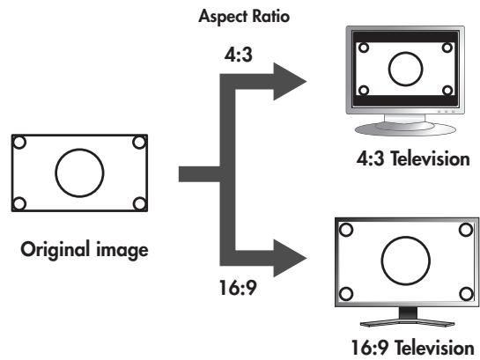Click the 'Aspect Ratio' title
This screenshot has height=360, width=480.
tap(244, 16)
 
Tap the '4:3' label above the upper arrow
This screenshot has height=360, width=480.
tap(239, 55)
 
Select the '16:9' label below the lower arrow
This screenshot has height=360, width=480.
tap(238, 288)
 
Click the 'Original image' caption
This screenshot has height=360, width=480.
tap(85, 250)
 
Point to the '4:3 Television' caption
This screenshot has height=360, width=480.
tap(413, 159)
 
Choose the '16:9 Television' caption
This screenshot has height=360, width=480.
tap(413, 348)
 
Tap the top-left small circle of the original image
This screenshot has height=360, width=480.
tap(19, 143)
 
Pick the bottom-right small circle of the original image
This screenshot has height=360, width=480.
tap(139, 203)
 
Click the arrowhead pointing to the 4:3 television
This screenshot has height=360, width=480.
tap(289, 81)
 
